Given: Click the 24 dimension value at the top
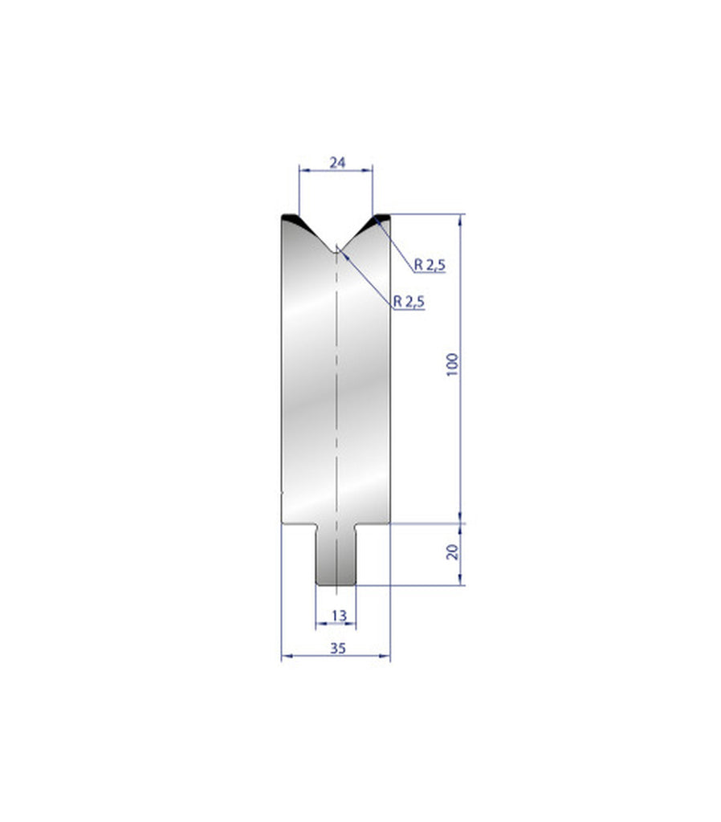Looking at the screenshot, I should (x=337, y=163).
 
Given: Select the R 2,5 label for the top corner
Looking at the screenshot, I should (x=429, y=265).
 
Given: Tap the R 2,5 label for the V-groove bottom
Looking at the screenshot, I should (x=409, y=302).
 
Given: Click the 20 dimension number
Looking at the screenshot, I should (x=452, y=552).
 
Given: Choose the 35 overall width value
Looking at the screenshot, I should (x=337, y=649).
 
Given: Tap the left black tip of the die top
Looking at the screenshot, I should (x=291, y=218).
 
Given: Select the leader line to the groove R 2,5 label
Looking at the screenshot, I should (x=365, y=278).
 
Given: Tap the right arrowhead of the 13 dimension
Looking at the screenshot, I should (x=352, y=623).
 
